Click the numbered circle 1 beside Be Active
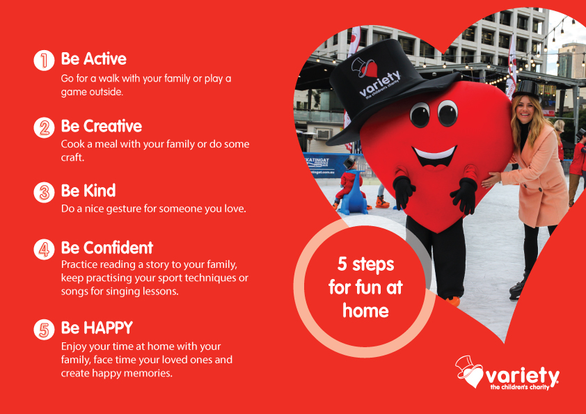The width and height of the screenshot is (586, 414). pos(44,60)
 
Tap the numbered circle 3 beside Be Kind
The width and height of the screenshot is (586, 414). pos(44,192)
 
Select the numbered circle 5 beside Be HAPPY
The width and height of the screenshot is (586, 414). pos(44,329)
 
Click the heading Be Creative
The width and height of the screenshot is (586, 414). pos(102,127)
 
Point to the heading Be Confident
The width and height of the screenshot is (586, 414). pos(107,248)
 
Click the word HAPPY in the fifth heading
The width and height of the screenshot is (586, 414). pos(108,328)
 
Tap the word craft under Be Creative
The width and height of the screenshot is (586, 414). pos(72,157)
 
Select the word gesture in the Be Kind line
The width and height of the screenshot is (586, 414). pos(123,209)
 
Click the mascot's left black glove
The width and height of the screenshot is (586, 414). pos(404,191)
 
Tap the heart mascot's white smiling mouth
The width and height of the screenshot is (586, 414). pos(435,154)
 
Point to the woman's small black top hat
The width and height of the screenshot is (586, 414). pos(526,89)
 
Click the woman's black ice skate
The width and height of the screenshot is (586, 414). pos(517,289)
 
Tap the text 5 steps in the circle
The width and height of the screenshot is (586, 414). pos(365,264)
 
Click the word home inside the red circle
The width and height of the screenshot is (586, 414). pos(365,311)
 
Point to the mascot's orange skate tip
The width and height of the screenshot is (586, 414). pos(453,301)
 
